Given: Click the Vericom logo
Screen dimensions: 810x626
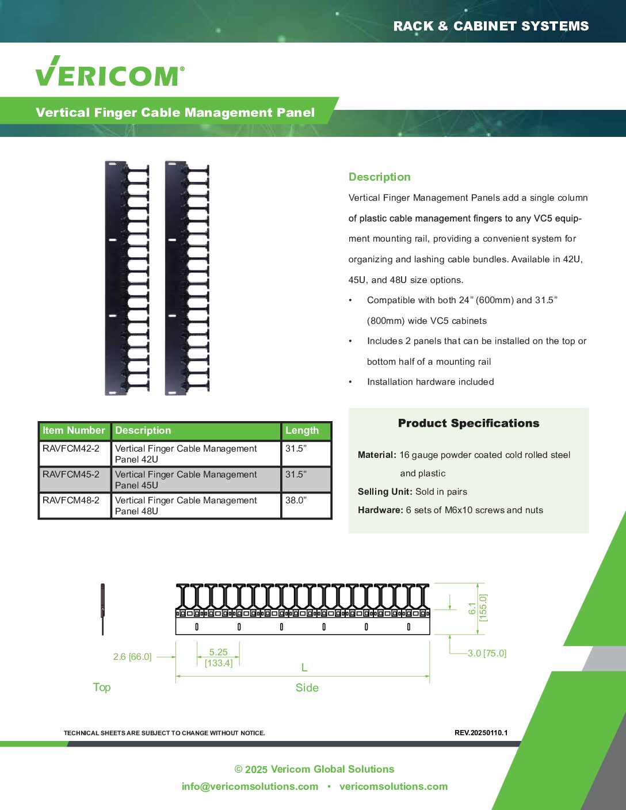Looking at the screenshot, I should (110, 72).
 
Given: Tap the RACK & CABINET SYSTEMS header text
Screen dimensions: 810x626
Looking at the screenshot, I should (491, 26).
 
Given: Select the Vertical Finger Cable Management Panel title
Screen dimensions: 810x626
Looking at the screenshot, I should (175, 112).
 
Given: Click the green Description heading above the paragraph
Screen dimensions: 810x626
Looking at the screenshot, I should (379, 177).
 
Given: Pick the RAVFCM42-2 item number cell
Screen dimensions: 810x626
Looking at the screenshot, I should (71, 449).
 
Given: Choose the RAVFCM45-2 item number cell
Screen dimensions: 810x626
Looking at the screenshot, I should (71, 475).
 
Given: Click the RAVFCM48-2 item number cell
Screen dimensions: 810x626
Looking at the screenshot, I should (71, 500).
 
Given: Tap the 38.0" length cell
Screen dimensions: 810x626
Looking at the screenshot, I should (296, 500).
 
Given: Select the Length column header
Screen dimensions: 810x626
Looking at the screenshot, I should (301, 430).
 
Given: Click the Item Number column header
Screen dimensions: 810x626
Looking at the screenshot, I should (74, 430).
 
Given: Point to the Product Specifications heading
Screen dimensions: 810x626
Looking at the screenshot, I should (468, 423).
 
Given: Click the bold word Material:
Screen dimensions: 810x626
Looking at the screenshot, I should (377, 455).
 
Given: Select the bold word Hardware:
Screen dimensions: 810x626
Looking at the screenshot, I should (380, 510).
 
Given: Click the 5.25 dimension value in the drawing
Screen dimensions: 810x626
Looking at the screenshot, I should (218, 652).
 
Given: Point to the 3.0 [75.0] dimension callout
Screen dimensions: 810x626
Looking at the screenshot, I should (487, 654).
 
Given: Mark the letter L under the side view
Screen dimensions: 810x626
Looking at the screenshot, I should (304, 668).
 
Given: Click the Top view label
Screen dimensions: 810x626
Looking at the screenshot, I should (102, 687).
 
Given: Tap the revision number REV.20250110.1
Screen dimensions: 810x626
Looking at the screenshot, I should (481, 733).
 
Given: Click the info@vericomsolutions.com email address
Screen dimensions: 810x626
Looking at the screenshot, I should (250, 786).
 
